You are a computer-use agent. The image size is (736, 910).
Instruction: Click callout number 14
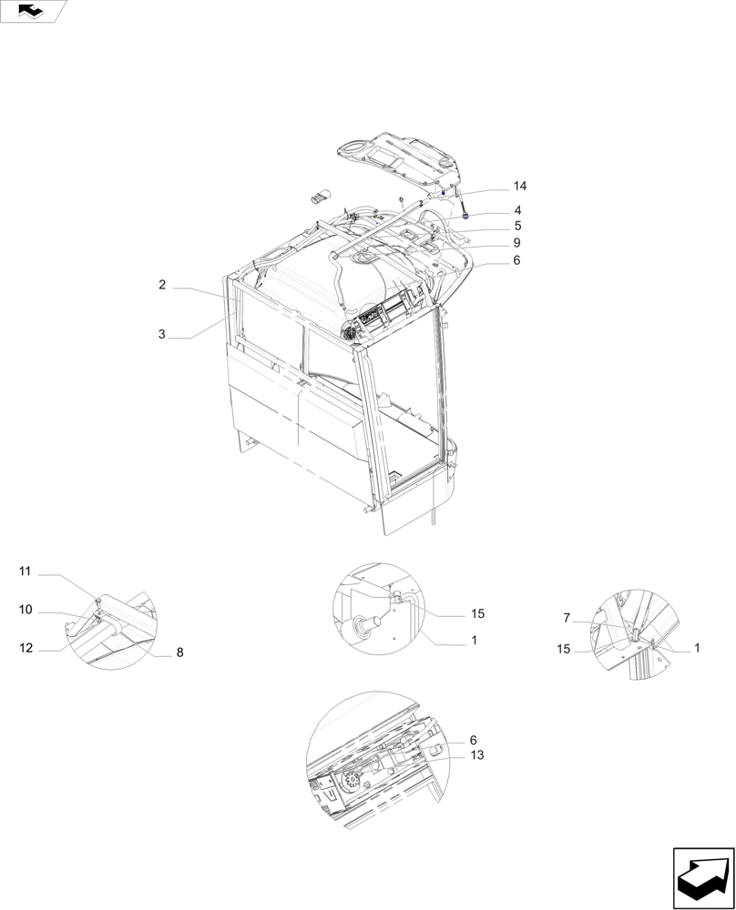coord(519,187)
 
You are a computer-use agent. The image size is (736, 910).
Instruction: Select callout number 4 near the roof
coord(516,210)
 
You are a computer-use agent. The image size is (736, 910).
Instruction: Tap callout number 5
coord(516,226)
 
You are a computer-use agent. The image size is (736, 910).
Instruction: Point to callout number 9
coord(516,243)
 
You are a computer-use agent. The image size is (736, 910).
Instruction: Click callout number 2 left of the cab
coord(161,285)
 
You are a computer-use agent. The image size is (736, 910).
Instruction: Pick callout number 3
coord(161,335)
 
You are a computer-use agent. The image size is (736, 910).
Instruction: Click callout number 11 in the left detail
coord(26,571)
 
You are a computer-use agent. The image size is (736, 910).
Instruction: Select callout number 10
coord(26,609)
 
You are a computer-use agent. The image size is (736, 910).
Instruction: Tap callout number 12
coord(26,648)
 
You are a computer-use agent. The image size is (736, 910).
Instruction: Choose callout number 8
coord(179,652)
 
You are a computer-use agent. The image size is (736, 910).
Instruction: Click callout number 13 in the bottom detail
coord(477,755)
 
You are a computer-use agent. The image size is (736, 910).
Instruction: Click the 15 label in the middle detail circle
coord(476,614)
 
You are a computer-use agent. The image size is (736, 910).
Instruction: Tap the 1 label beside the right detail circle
coord(697,648)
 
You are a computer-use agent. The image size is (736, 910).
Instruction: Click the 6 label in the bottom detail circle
coord(474,741)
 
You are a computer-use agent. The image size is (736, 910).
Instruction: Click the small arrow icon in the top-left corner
coord(33,10)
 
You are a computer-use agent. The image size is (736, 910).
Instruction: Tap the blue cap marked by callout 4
coord(466,217)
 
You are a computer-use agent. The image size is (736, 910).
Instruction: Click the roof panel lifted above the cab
coord(401,158)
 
